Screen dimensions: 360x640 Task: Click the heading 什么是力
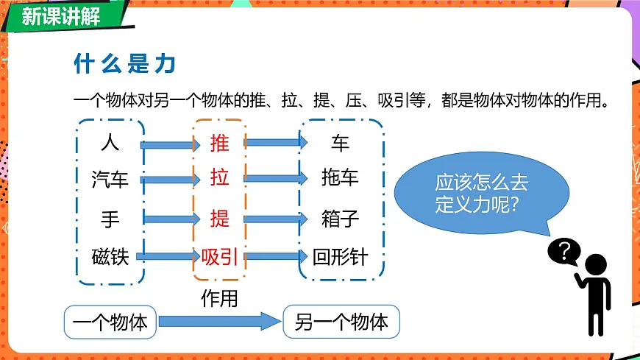124,64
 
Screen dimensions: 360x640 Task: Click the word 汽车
110,179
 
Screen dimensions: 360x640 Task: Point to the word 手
110,218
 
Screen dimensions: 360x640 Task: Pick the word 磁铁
110,257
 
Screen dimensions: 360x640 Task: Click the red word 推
219,142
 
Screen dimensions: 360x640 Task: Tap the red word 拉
219,179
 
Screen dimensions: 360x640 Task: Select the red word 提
219,218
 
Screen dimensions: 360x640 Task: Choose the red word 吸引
219,257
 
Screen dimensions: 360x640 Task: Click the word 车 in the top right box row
339,141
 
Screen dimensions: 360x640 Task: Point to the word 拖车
340,178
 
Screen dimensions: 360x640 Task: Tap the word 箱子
340,218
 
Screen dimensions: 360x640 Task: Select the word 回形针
340,257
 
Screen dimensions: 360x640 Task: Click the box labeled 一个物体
110,322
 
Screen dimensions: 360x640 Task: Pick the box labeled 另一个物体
341,322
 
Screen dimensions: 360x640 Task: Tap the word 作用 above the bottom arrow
220,298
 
